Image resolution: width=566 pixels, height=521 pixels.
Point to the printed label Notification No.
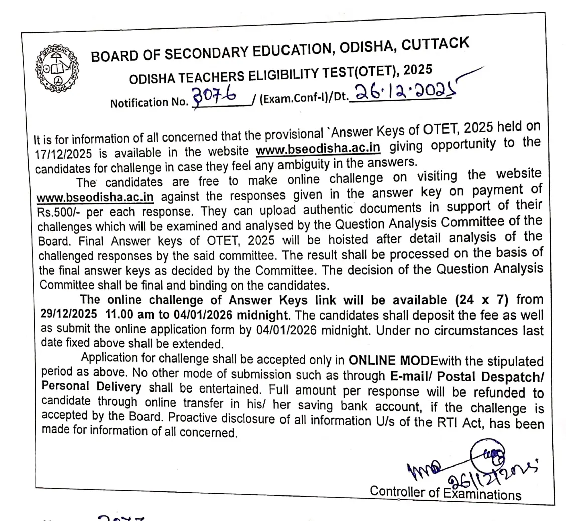click(x=148, y=102)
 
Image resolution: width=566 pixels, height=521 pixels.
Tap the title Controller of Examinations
click(x=446, y=492)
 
